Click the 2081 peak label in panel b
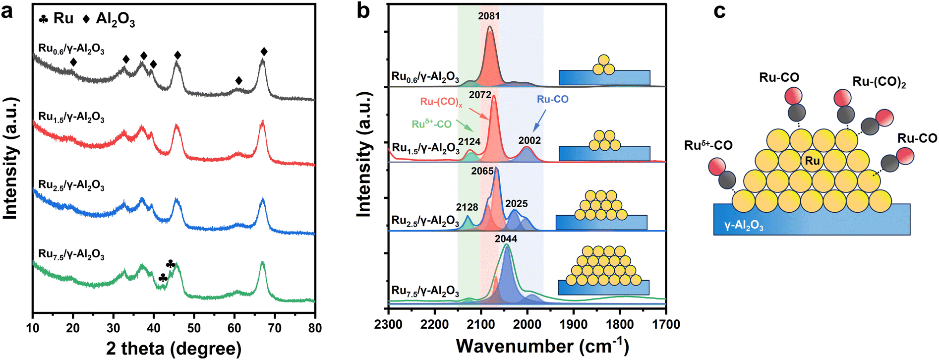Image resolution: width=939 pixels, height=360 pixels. (489, 16)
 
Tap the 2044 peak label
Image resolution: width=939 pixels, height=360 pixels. (506, 239)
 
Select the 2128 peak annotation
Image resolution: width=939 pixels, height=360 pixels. (467, 207)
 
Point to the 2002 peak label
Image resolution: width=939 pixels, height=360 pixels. (529, 140)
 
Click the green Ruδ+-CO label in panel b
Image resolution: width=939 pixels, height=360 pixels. (431, 123)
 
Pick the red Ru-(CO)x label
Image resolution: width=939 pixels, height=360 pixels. (441, 102)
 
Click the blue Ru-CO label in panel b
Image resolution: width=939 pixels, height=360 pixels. (553, 99)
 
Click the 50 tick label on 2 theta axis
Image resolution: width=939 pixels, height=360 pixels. (194, 328)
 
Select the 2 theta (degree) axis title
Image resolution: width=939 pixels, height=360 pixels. (174, 348)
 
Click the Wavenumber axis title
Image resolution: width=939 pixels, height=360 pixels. (542, 346)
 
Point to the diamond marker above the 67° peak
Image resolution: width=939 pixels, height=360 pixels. (264, 52)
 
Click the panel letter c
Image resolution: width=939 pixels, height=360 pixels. (720, 11)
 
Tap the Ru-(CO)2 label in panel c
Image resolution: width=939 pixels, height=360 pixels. (879, 82)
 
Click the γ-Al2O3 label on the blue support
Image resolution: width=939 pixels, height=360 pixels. (744, 226)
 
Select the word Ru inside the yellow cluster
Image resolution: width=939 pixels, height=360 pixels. (813, 161)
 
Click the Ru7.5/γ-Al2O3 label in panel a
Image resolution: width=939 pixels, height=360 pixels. (71, 255)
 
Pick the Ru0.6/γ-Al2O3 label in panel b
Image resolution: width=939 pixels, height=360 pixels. (425, 77)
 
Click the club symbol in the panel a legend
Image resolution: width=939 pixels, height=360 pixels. (44, 19)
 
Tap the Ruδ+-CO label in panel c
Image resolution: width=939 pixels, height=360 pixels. (708, 145)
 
